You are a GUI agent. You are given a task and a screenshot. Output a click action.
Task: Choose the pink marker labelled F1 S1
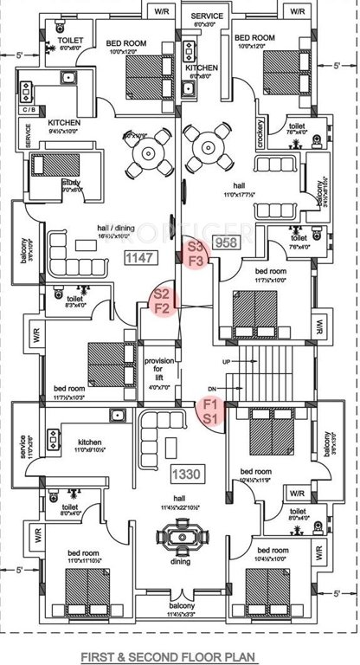pos(210,410)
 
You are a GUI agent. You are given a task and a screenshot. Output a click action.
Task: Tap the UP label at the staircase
pos(228,359)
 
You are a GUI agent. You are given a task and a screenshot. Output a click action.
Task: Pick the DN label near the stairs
pos(210,390)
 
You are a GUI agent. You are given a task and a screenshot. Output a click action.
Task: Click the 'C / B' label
pos(29,110)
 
